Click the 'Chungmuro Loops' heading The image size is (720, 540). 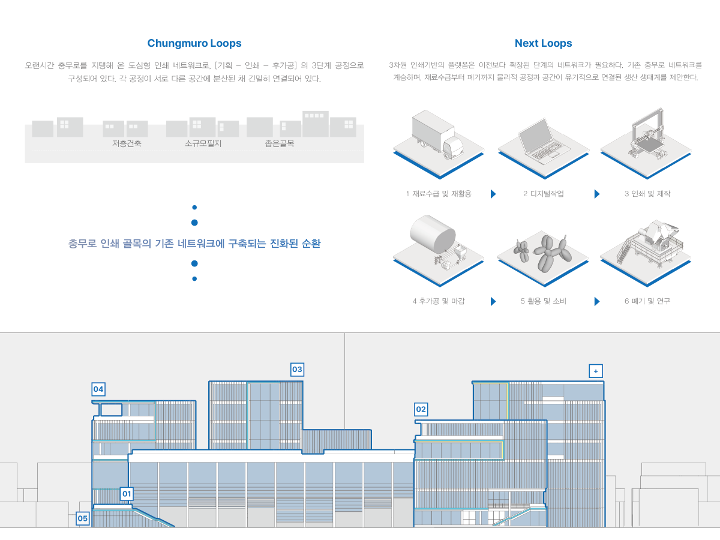click(194, 43)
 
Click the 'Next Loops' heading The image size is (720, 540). click(543, 43)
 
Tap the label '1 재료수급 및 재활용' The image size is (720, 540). click(439, 194)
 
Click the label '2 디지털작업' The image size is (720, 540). click(543, 194)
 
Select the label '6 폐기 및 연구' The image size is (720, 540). click(647, 301)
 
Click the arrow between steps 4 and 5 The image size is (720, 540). click(493, 301)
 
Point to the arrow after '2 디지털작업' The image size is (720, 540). click(596, 194)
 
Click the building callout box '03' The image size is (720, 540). click(297, 369)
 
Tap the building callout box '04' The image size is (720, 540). click(98, 389)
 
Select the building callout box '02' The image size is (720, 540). click(421, 409)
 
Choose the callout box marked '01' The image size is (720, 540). click(126, 494)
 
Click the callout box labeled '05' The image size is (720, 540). click(83, 518)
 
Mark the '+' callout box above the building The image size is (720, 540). click(596, 371)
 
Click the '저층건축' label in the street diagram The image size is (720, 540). click(127, 144)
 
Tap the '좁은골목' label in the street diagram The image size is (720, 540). click(280, 144)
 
